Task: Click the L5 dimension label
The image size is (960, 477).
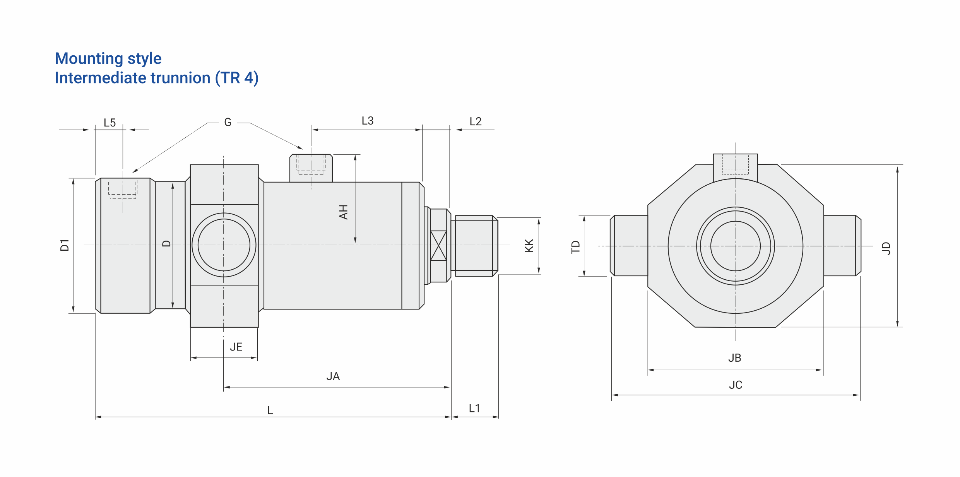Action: [110, 123]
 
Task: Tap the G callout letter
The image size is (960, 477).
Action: [228, 122]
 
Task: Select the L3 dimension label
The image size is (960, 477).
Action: [368, 121]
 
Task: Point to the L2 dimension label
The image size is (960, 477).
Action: [476, 121]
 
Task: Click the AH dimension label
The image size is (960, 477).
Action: [343, 212]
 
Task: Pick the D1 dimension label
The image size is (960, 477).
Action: [65, 245]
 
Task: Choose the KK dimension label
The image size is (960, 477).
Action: [529, 246]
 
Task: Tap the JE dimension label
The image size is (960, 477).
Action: [236, 347]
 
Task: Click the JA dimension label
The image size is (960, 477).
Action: [333, 376]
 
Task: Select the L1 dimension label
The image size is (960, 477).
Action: [474, 408]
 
